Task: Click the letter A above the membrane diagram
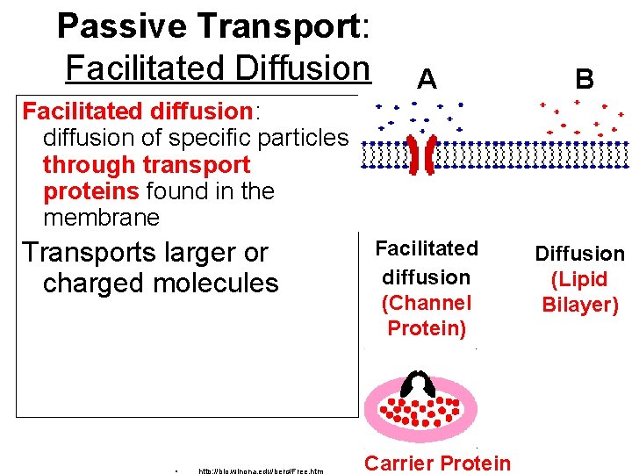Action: (427, 80)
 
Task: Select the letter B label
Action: (584, 80)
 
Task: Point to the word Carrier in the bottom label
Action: (401, 463)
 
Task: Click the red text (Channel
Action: (427, 303)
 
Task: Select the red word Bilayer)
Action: (580, 305)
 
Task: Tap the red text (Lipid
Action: (580, 280)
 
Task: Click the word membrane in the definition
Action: (101, 217)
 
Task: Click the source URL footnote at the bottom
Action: (261, 470)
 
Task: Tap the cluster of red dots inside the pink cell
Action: (420, 411)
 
